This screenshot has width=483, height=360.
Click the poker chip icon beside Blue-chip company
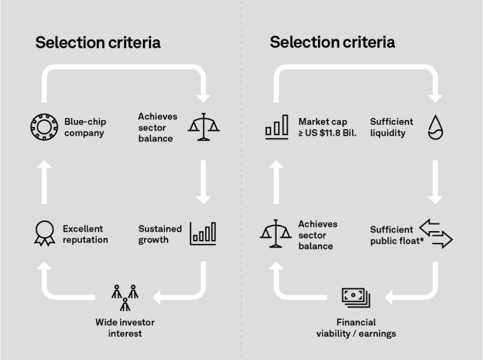pyautogui.click(x=42, y=127)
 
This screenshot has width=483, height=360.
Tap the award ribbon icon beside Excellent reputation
pyautogui.click(x=43, y=234)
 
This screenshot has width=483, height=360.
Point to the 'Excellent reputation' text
pyautogui.click(x=86, y=234)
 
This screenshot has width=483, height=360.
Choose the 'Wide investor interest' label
pyautogui.click(x=125, y=328)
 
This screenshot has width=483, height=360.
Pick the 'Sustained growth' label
pyautogui.click(x=159, y=234)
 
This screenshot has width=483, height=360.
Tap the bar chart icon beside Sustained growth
pyautogui.click(x=203, y=232)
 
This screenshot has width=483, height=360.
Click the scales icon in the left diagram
pyautogui.click(x=204, y=126)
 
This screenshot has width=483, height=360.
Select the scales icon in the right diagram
pyautogui.click(x=276, y=233)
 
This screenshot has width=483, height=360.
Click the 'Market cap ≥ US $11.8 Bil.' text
pyautogui.click(x=327, y=127)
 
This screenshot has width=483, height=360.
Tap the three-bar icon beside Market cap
pyautogui.click(x=276, y=128)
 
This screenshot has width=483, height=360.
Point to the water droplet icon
pyautogui.click(x=435, y=127)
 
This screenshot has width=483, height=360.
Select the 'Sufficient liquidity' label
pyautogui.click(x=391, y=127)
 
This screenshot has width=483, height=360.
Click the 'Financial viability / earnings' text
pyautogui.click(x=356, y=328)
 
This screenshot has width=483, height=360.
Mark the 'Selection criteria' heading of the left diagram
pyautogui.click(x=98, y=43)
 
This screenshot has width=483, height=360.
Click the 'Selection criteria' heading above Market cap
pyautogui.click(x=333, y=43)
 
